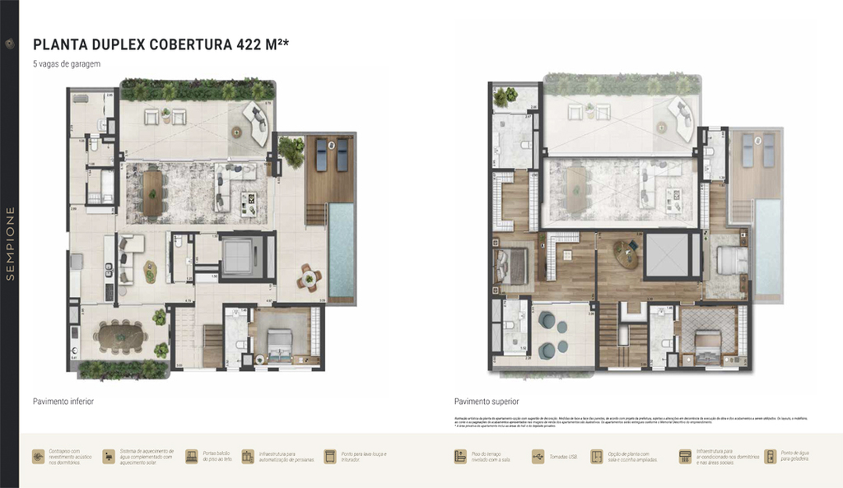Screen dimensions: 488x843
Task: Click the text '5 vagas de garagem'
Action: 66,64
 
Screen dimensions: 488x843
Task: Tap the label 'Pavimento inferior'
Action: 63,402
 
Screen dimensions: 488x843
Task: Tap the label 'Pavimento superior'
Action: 486,402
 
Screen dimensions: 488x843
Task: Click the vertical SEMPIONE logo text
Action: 10,244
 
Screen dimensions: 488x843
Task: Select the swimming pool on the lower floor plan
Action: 342,253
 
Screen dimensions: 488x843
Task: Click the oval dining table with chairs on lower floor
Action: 119,336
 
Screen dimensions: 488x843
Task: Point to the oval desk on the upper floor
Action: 626,254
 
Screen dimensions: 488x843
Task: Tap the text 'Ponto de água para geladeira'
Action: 796,456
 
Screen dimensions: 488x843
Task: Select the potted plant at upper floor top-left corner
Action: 503,97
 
